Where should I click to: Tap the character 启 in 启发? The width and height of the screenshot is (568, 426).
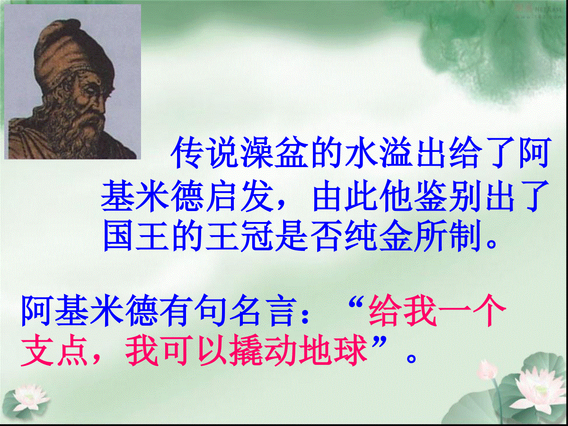coord(223,196)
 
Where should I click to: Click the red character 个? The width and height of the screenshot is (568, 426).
coord(489,311)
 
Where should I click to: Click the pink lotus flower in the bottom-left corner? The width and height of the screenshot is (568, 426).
coord(26,399)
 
